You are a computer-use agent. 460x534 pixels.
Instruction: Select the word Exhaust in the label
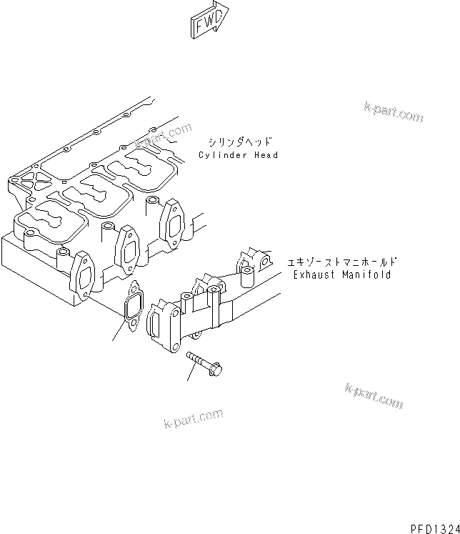tap(314, 275)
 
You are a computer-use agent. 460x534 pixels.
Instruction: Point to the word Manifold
tap(367, 275)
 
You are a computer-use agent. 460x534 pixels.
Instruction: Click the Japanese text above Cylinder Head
tap(241, 142)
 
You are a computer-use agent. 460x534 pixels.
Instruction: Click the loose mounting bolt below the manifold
tap(204, 362)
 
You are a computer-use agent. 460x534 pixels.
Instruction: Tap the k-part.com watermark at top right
tap(393, 111)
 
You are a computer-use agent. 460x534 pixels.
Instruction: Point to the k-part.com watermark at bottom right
tap(374, 396)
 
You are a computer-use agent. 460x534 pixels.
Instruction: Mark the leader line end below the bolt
tap(187, 380)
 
